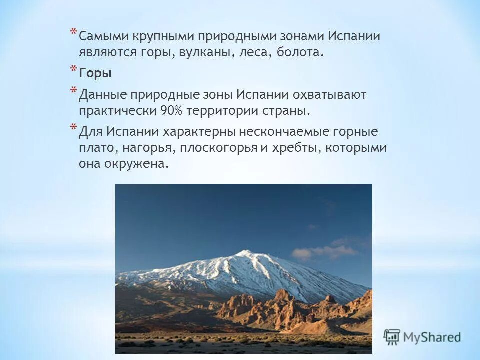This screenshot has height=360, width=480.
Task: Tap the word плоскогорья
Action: (215, 148)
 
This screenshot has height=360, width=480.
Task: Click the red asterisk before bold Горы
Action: (73, 70)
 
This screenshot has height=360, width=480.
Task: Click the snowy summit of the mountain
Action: (245, 253)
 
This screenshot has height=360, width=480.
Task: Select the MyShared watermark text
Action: (433, 337)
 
